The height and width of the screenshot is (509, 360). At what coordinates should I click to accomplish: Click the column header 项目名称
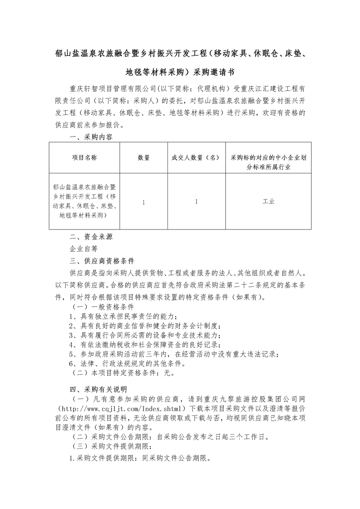[x=84, y=158]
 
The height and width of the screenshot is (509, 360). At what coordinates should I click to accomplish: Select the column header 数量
[x=143, y=158]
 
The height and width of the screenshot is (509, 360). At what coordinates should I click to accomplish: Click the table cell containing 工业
[x=268, y=202]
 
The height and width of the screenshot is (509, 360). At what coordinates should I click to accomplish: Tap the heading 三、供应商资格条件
[x=102, y=261]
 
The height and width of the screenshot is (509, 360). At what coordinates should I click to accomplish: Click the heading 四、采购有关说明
[x=98, y=389]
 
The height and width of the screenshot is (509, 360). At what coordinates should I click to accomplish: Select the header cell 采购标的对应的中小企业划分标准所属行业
[x=268, y=162]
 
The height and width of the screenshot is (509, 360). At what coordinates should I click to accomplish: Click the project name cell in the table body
[x=84, y=201]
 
